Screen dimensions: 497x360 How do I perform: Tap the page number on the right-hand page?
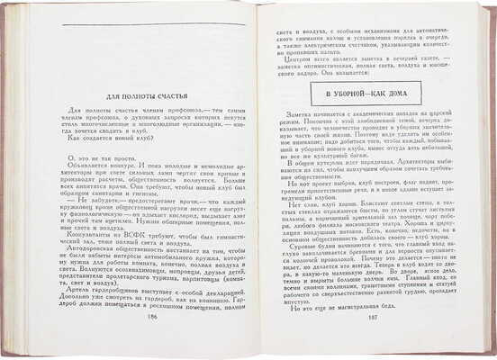point(368,343)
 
